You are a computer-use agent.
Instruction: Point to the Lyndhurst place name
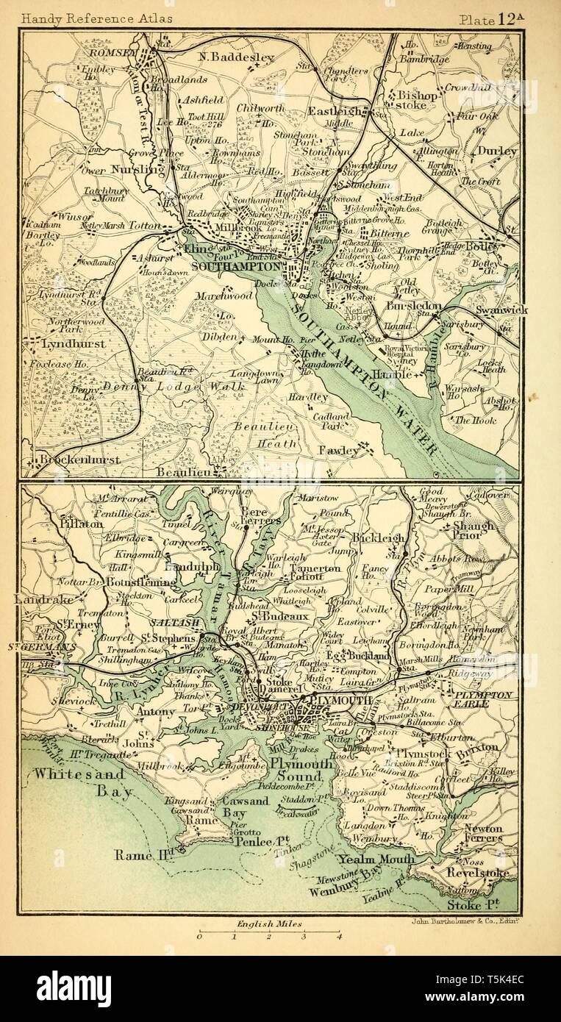[x=64, y=343]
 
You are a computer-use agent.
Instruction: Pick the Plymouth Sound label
[x=296, y=770]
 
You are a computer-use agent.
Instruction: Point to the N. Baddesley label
[x=237, y=57]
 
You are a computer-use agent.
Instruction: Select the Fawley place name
[x=339, y=449]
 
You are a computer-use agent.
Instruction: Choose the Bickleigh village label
[x=377, y=538]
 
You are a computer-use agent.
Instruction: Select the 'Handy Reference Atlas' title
[x=97, y=18]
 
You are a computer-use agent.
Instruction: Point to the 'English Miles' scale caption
[x=268, y=923]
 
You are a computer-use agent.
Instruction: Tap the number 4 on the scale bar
[x=339, y=937]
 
